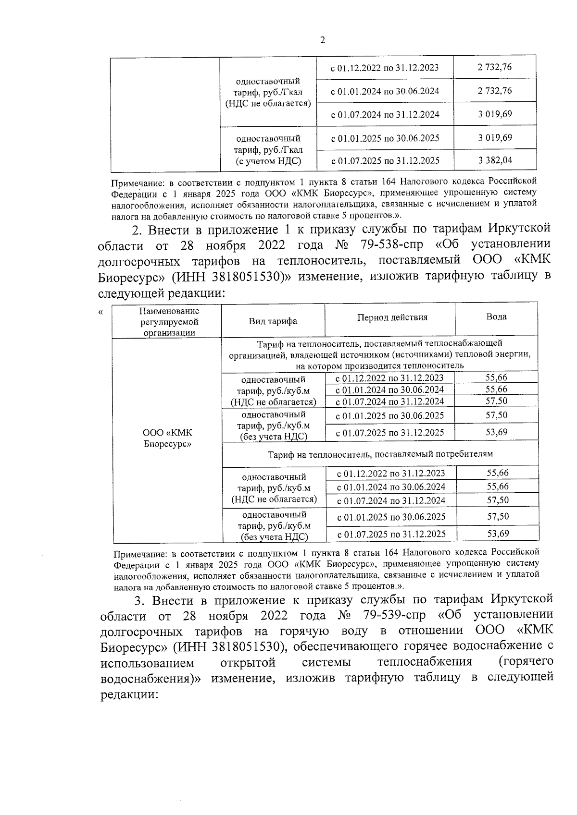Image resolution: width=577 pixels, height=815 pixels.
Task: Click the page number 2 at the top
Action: click(322, 40)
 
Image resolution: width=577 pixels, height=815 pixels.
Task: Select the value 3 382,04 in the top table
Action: click(495, 160)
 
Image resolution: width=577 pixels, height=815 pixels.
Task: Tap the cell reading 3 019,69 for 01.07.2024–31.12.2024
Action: click(495, 114)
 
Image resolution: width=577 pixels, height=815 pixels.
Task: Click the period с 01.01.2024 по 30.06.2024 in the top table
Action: click(385, 91)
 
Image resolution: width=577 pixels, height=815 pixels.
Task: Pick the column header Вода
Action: click(496, 317)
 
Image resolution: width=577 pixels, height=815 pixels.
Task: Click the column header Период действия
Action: click(392, 317)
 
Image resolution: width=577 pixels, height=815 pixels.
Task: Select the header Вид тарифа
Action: click(273, 321)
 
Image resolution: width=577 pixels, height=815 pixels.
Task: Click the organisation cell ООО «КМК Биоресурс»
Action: click(167, 438)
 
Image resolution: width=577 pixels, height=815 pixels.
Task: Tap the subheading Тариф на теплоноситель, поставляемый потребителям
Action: click(380, 453)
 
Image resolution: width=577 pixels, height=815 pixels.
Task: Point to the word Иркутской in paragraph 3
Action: click(522, 600)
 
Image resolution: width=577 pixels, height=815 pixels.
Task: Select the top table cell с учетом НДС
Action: click(268, 161)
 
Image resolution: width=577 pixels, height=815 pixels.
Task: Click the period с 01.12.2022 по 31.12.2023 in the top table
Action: click(385, 67)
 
